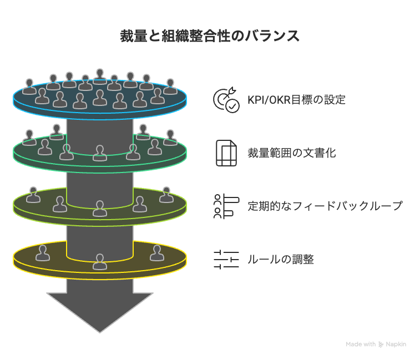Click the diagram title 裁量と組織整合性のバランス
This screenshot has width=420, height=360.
coord(210,36)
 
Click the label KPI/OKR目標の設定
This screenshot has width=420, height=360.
coord(296,100)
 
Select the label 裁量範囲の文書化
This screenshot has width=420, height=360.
coord(291,153)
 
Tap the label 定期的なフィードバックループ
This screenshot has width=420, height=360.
coord(325,206)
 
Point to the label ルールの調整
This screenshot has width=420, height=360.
coord(280,259)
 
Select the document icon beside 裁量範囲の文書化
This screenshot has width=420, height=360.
coord(226,153)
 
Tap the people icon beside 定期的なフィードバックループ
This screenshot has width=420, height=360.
coord(226,206)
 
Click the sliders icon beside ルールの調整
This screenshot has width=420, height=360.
coord(226,259)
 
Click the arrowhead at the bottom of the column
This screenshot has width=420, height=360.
coord(100,312)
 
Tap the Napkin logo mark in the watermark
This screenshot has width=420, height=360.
coord(381,344)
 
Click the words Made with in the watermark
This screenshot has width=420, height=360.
coord(361,344)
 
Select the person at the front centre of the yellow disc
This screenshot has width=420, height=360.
coord(100,262)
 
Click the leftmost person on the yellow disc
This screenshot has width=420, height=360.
coord(43,253)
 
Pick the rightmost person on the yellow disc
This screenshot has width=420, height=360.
coord(157,253)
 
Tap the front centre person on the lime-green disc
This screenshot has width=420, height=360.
coord(100,209)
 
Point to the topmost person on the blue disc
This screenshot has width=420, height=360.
coord(100,77)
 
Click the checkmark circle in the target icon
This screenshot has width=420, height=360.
coord(233,106)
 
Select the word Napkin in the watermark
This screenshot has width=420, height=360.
coord(396,344)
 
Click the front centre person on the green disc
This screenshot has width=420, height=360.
coord(100,153)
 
